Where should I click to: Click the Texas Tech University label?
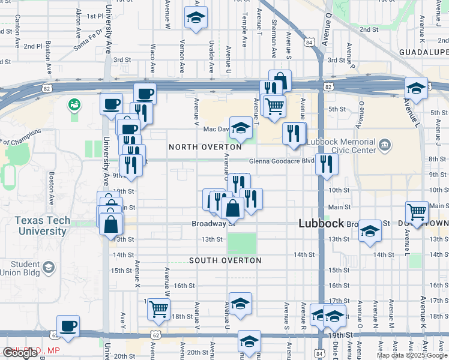coord(42,226)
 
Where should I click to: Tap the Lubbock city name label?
coord(322,223)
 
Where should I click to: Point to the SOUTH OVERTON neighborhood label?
coord(225,260)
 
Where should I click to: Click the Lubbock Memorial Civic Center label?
coord(341,146)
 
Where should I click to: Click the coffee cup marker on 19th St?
coord(68,326)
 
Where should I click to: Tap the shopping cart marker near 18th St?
coord(159,310)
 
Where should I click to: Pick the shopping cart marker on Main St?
coord(417,211)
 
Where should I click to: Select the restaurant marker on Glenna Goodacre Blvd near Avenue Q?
coord(327,164)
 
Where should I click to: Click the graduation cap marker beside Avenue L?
coord(416,88)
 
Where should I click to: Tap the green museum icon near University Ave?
coord(74,106)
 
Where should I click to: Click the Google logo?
coord(20,353)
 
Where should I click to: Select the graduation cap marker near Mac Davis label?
coord(241,128)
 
